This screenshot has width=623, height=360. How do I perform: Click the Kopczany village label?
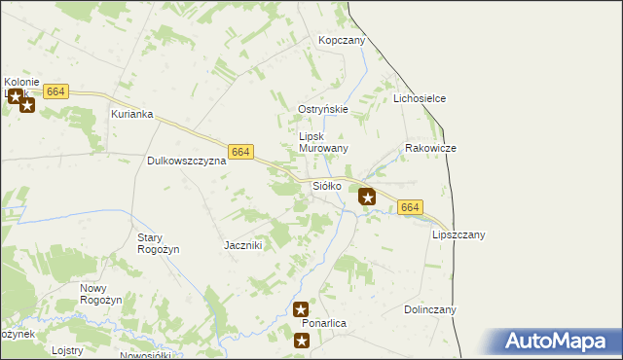pos(341,40)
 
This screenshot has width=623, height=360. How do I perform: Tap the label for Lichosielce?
pos(420,99)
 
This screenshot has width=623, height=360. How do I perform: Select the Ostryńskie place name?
pos(323,109)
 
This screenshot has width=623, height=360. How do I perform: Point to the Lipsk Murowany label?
pos(323,142)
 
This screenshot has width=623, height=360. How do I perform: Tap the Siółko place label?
pos(326,185)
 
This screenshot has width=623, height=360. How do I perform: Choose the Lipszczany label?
pos(458,234)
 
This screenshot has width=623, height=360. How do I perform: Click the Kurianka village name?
pos(132,114)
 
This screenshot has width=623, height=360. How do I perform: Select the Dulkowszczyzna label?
pos(186,161)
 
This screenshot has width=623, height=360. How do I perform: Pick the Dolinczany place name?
pos(430,309)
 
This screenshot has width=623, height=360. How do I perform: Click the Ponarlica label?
pos(325,322)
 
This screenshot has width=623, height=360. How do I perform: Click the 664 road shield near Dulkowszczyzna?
pos(241,152)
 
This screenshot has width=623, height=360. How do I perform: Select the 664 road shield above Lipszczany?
pos(411,207)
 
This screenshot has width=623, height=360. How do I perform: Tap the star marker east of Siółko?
pos(367,197)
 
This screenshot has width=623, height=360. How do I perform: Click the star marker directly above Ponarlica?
pos(302,309)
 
